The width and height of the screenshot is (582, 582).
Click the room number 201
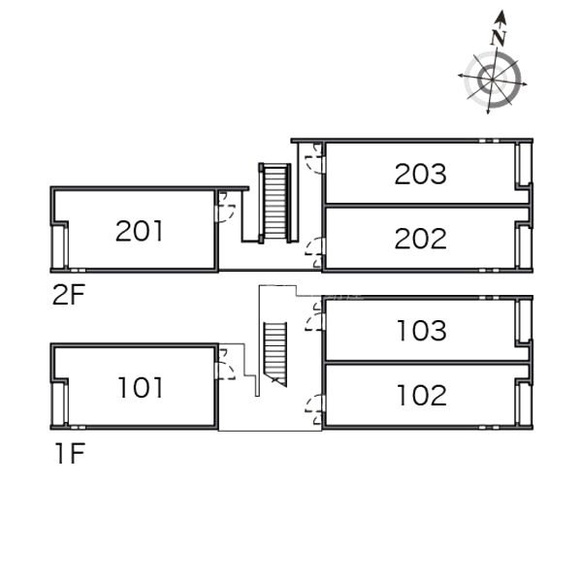point(139,231)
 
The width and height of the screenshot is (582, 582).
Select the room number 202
point(421,239)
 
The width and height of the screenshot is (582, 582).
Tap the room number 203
point(421,174)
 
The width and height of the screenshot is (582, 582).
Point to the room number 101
point(141,387)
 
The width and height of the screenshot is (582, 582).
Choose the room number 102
point(422,395)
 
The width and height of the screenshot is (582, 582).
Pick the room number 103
point(422,331)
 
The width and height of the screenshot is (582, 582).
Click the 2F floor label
point(69,294)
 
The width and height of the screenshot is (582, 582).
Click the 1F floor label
point(71,453)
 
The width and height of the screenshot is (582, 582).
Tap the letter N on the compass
point(499,38)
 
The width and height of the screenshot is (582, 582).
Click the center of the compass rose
point(492,80)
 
